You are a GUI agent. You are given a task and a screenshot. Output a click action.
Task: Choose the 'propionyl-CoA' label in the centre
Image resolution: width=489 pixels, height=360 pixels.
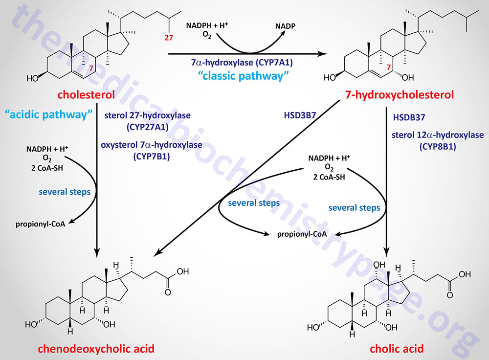click(302, 234)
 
